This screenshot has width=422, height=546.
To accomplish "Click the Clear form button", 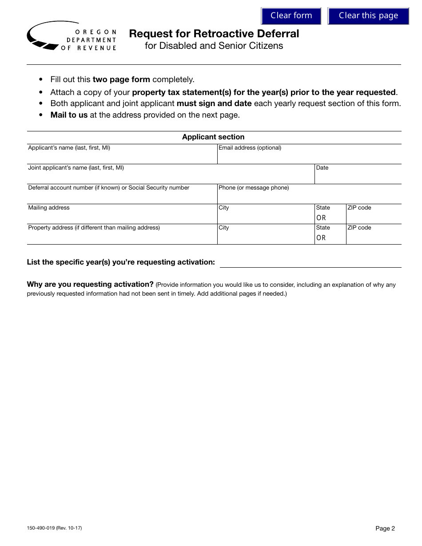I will pos(291,16).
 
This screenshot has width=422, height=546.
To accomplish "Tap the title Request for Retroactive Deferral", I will pos(214,34).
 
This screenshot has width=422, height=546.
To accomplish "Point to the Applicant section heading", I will pos(213,137).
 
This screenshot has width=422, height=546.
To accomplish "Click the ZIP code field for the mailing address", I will pos(374,217).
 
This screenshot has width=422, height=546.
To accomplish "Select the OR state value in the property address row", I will pos(321,238).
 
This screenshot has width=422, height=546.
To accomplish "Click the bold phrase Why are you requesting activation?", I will pos(90,285).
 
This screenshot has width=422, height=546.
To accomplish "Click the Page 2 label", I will pos(385,528).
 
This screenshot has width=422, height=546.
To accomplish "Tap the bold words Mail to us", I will pos(69,115).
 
